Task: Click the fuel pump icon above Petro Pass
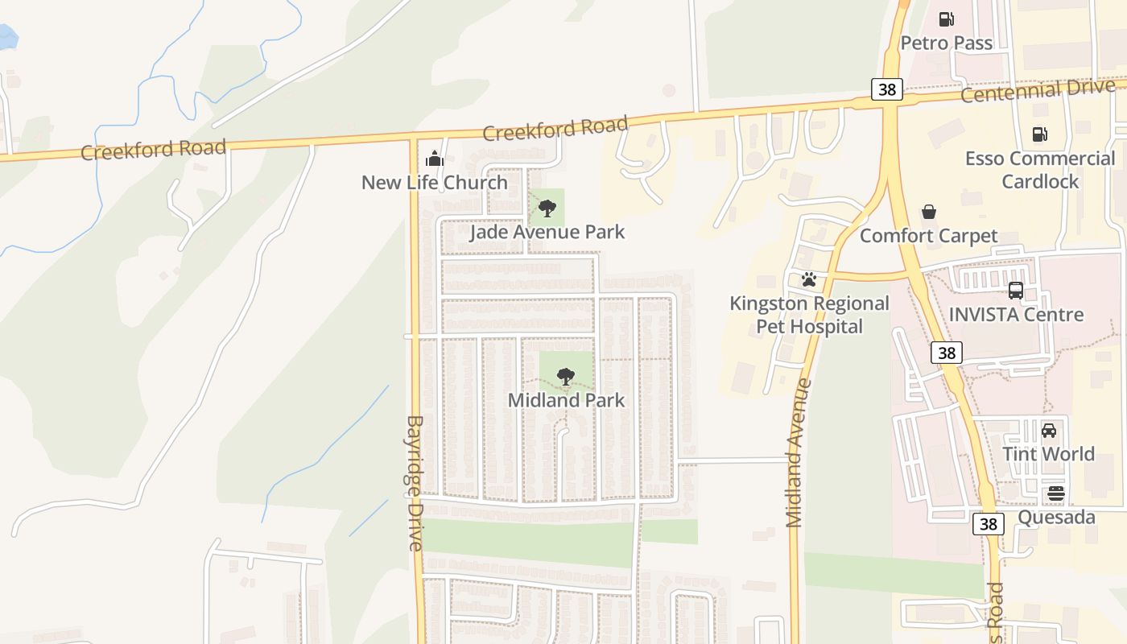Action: point(947,19)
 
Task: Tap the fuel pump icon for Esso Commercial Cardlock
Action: point(1040,134)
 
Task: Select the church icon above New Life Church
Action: point(435,159)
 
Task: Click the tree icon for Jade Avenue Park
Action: point(547,209)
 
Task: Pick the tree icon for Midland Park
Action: point(566,377)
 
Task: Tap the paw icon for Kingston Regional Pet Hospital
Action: point(809,280)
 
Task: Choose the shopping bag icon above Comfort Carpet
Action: point(929,212)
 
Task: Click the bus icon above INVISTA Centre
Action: point(1016,291)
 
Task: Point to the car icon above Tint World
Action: point(1049,431)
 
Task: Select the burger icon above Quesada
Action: point(1056,493)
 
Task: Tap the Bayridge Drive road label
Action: point(415,483)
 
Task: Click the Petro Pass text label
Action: point(947,43)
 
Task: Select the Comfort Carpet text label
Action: point(929,236)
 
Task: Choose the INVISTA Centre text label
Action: point(1016,315)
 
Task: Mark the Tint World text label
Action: point(1049,454)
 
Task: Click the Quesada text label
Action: point(1056,517)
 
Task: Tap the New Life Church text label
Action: point(435,183)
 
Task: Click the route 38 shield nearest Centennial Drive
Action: point(887,89)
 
